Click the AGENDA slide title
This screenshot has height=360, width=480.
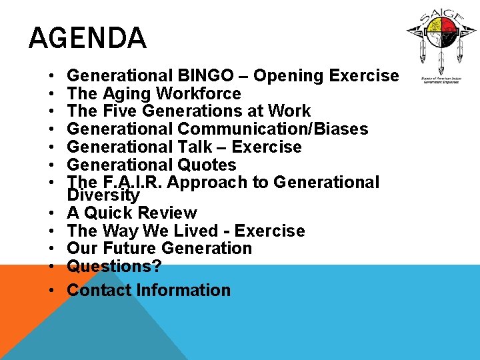(87, 38)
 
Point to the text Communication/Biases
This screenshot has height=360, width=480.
(270, 129)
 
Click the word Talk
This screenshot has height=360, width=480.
(192, 147)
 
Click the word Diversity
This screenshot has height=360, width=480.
(103, 195)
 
